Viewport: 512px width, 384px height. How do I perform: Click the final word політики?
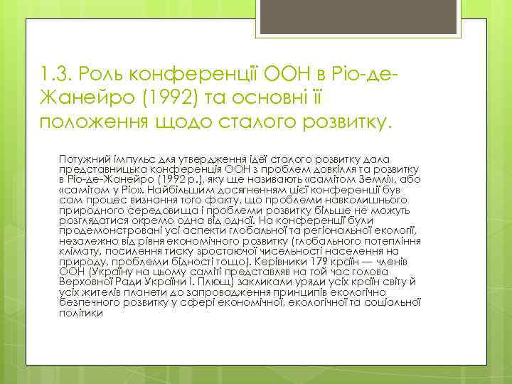tap(80, 315)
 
